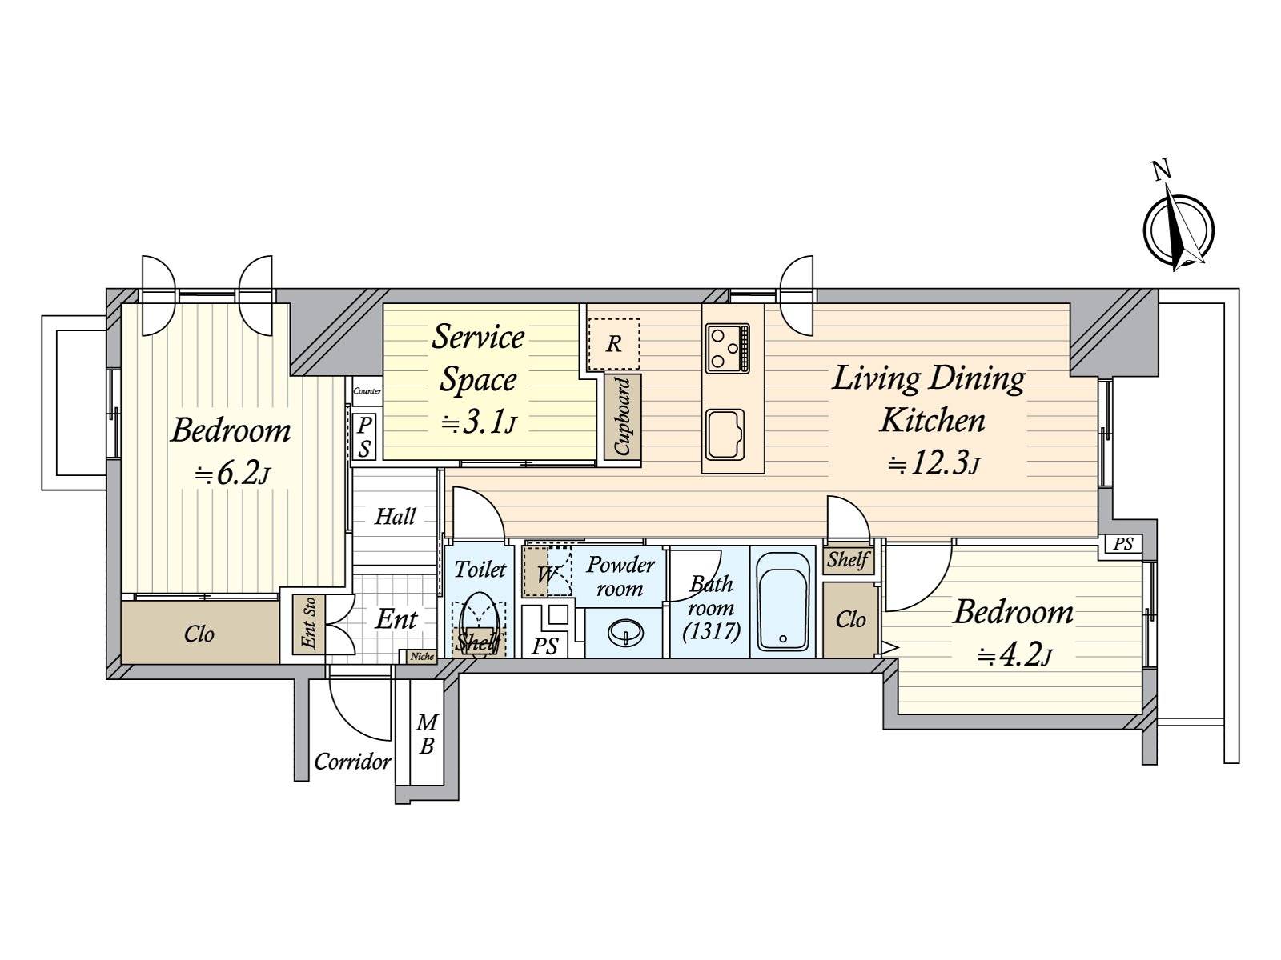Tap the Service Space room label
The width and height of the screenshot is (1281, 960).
point(478,358)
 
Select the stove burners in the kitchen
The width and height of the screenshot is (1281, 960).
point(728,348)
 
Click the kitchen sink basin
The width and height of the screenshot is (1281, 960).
point(725,434)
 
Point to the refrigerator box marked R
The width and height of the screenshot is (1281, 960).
point(614,344)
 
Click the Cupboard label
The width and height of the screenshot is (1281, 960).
point(623,416)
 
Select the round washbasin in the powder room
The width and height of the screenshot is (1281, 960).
point(624,634)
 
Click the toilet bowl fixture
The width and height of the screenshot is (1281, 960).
point(480,622)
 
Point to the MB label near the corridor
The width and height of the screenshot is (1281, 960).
point(427,734)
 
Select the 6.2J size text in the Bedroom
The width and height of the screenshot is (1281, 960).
point(232,474)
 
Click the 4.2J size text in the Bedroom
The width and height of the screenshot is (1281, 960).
point(1014,656)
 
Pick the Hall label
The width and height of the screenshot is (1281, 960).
point(396,517)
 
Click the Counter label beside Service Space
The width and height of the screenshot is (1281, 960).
point(367,391)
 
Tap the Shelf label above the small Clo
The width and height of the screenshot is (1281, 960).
point(848,559)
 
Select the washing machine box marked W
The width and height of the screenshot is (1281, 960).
point(547,572)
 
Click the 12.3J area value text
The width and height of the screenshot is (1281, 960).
point(934,463)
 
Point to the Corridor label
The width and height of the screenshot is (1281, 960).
point(352,761)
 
